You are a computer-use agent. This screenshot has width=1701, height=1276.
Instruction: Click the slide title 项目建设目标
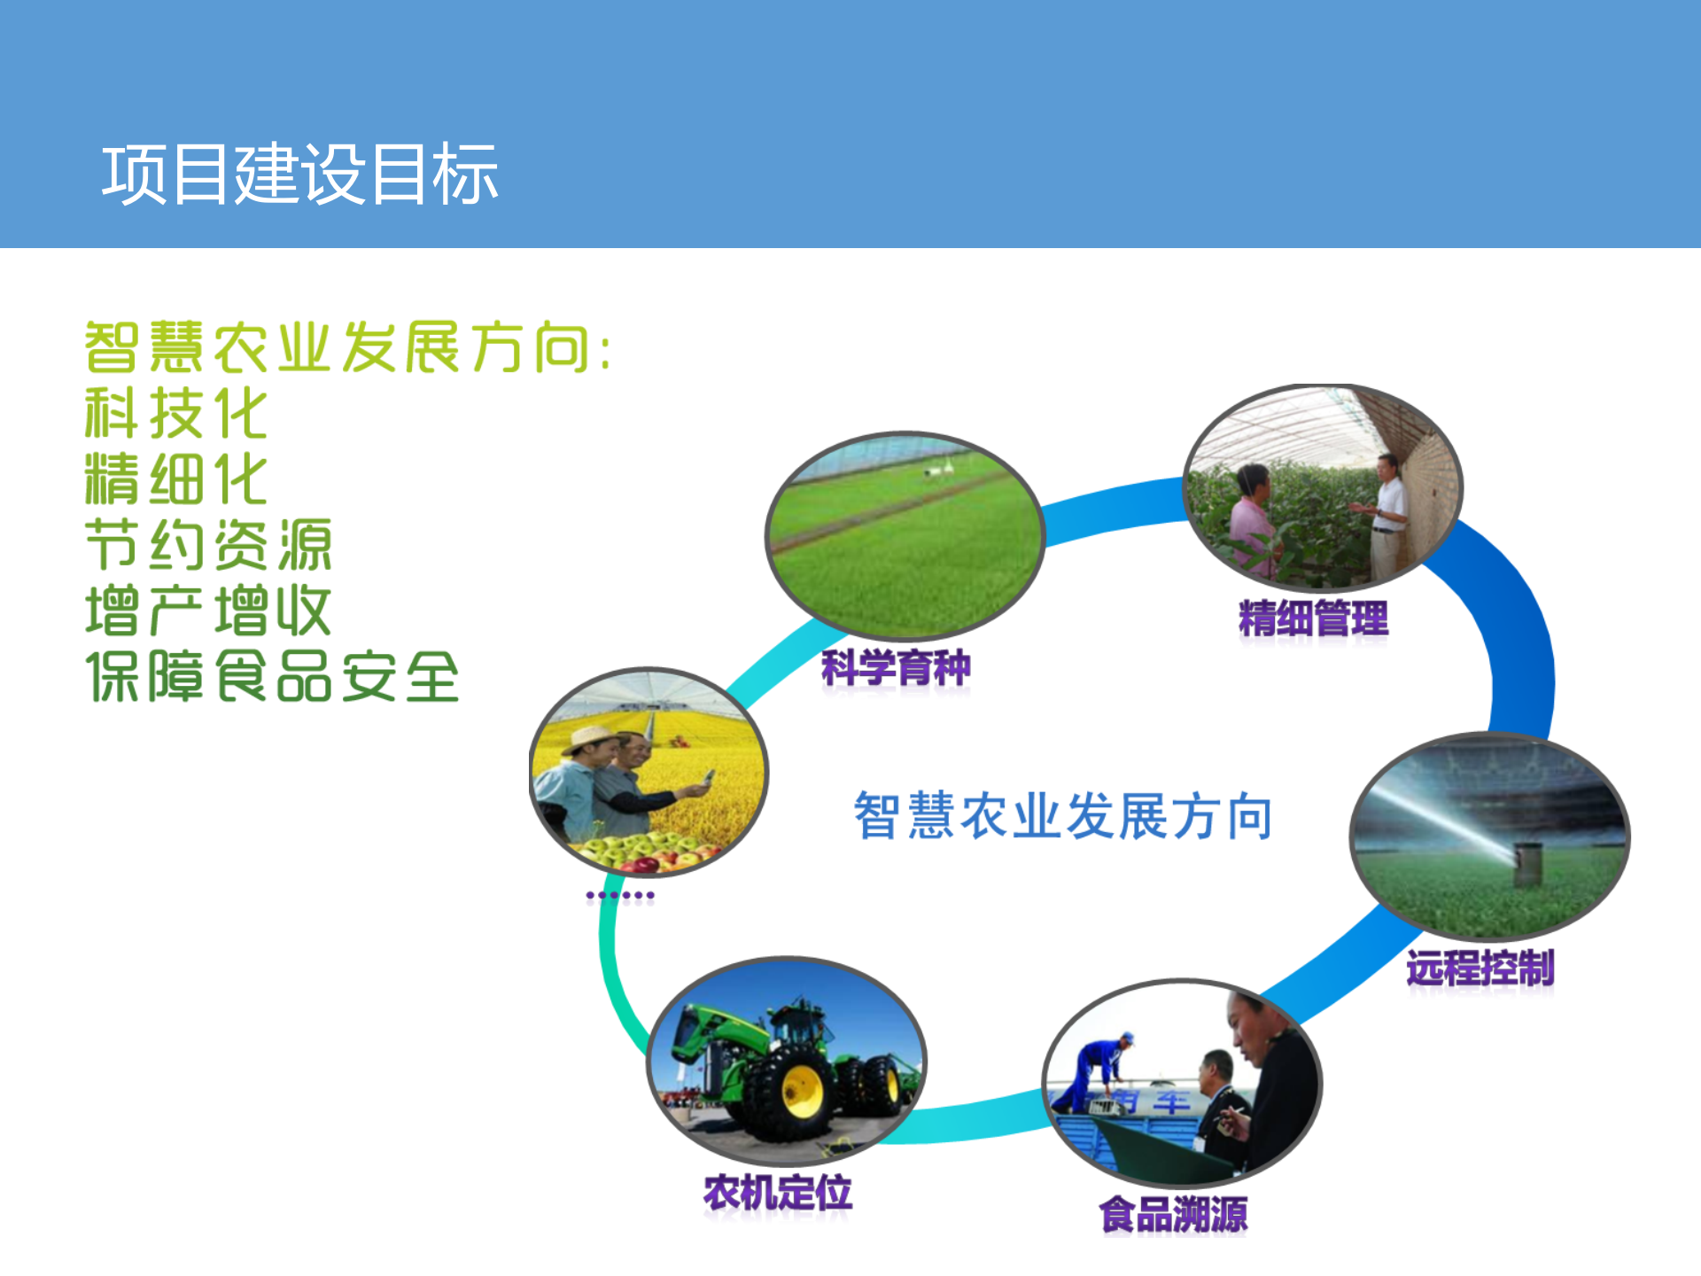click(x=299, y=175)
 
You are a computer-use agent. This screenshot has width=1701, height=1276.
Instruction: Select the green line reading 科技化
click(x=175, y=413)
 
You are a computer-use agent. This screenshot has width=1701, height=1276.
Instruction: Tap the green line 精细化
click(x=175, y=479)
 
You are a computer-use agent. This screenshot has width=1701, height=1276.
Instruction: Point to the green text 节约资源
click(x=208, y=545)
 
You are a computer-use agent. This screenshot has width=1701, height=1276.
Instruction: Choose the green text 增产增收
click(x=208, y=611)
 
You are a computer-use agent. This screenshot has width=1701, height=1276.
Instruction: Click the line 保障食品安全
click(x=273, y=677)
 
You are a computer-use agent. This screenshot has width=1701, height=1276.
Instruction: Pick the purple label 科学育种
click(x=896, y=668)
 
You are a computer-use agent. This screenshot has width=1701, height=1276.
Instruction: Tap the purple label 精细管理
click(x=1313, y=619)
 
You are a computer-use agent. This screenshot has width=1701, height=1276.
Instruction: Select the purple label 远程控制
click(x=1480, y=968)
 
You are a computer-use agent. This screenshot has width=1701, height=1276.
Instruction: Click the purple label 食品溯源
click(x=1173, y=1214)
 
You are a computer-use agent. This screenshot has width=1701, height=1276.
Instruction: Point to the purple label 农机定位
click(x=777, y=1193)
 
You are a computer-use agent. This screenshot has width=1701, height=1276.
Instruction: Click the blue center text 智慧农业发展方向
click(x=1063, y=816)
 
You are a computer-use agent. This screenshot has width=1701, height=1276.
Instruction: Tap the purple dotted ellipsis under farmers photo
click(x=620, y=896)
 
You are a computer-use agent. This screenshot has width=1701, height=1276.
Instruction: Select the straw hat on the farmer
click(x=589, y=738)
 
